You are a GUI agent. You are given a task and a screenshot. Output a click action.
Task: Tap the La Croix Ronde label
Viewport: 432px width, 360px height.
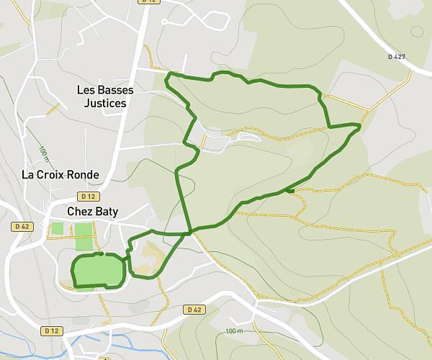[x=60, y=175]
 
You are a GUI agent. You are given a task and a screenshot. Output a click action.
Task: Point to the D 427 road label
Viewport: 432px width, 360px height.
[x=397, y=56]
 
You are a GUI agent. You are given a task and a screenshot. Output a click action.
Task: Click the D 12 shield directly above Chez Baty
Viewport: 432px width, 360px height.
[x=89, y=196]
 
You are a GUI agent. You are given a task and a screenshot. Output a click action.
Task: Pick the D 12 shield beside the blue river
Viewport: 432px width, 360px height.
[x=50, y=331]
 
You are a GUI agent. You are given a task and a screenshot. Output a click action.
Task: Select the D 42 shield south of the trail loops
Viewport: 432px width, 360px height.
[x=192, y=310]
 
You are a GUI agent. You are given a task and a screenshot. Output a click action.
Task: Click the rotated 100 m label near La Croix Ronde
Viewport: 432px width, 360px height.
[x=44, y=154]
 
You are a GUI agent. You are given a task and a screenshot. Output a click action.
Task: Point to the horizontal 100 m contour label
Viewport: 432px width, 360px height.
[x=233, y=330]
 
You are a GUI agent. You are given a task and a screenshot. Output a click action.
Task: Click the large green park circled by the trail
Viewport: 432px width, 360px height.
[x=99, y=271]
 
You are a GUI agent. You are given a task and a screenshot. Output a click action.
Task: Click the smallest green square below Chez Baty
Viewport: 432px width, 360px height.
[x=57, y=228]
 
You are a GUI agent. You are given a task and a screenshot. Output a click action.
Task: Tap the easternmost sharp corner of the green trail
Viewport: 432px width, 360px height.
[x=359, y=125]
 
